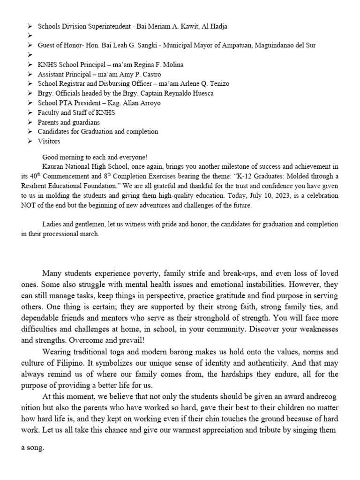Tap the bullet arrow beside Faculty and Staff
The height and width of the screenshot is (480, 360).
(30, 112)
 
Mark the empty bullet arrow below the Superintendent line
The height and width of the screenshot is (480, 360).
(30, 36)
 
